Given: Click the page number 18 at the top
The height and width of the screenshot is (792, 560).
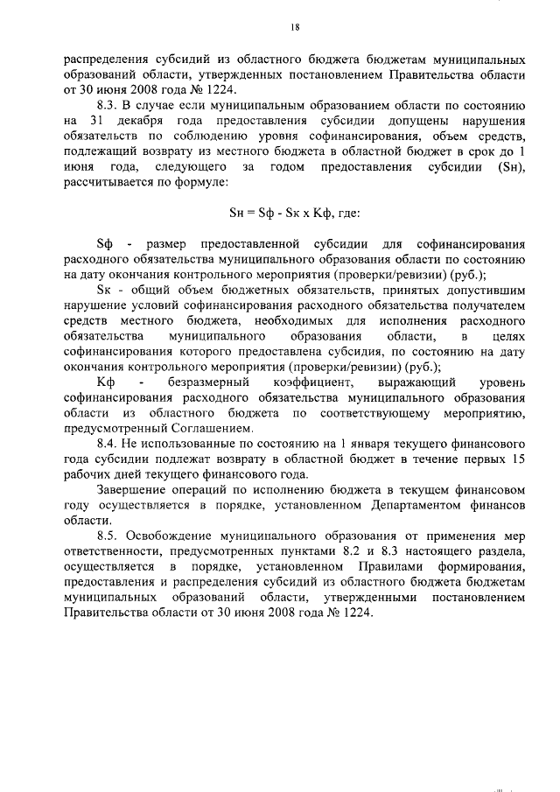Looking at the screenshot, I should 295,28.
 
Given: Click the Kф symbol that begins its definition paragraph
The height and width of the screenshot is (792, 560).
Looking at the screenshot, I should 107,383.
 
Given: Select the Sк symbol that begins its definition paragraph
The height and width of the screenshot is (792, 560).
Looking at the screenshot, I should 106,291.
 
